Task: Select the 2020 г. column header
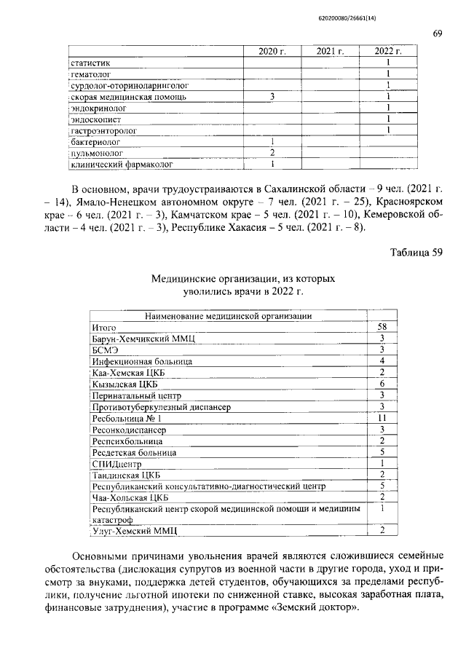(272, 51)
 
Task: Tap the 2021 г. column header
(330, 51)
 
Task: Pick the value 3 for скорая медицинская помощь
(272, 96)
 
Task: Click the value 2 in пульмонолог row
(272, 153)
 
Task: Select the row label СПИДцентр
(115, 463)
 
